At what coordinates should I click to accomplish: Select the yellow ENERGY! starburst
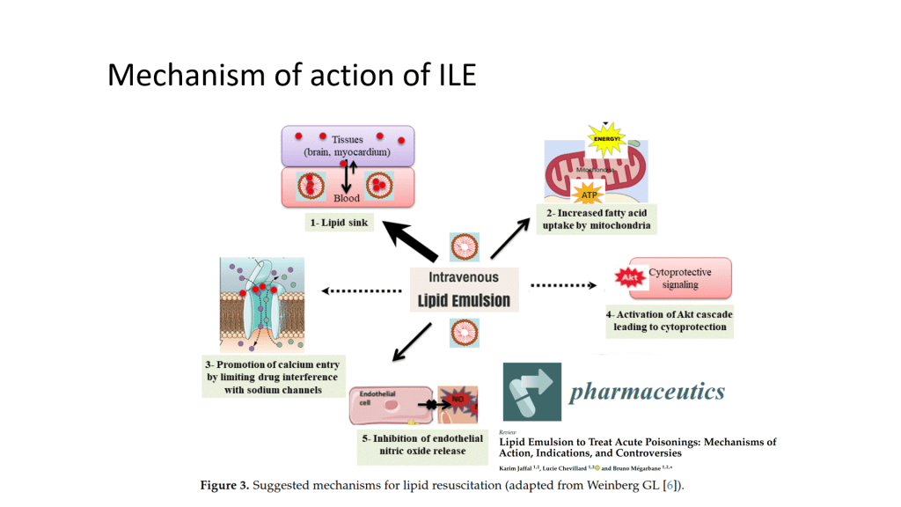(x=607, y=138)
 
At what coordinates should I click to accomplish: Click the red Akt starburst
(x=629, y=278)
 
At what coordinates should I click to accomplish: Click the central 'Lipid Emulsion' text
(x=465, y=300)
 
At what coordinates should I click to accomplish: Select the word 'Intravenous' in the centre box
(x=465, y=277)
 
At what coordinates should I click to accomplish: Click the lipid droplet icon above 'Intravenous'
(x=464, y=246)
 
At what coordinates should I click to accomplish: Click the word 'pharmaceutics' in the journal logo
(x=647, y=391)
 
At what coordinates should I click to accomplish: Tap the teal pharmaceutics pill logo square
(x=532, y=391)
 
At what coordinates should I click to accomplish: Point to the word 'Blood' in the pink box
(x=347, y=198)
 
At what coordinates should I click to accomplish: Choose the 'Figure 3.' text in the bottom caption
(x=223, y=485)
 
